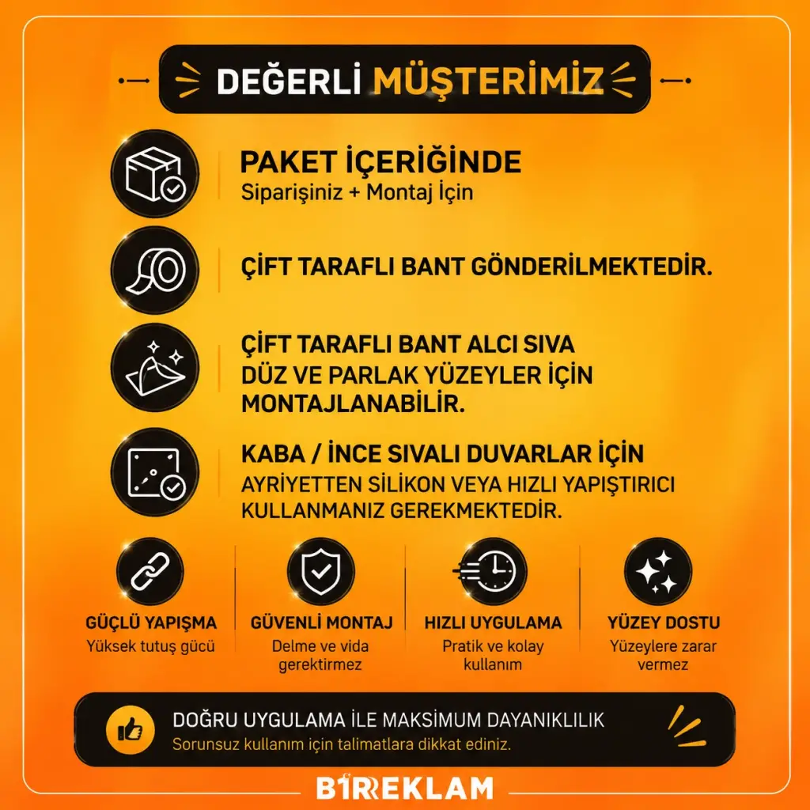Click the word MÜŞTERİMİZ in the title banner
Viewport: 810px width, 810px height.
[x=488, y=81]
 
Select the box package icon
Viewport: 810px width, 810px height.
[x=155, y=173]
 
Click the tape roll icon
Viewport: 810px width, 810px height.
[x=155, y=271]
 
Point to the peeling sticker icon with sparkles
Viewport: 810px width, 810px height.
[x=155, y=367]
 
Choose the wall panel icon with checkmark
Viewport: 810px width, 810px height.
[x=155, y=471]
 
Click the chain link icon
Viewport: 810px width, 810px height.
[x=150, y=571]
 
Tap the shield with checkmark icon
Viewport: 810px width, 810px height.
[x=321, y=571]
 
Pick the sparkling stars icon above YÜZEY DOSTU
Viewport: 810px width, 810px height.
[x=657, y=571]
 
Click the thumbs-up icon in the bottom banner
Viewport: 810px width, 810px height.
[x=131, y=730]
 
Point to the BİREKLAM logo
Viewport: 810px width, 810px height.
[x=405, y=787]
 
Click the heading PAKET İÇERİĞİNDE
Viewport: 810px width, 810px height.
[x=380, y=161]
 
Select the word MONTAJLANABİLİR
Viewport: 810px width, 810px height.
[x=353, y=403]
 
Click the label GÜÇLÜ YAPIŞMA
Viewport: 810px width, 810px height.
[x=151, y=623]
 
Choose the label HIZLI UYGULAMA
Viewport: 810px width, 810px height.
[x=493, y=623]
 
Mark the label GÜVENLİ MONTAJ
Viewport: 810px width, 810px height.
[x=321, y=623]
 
